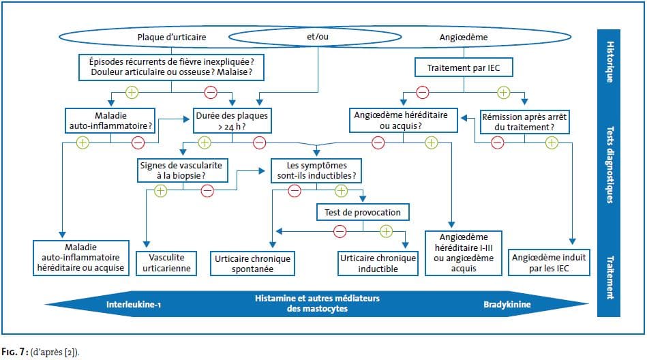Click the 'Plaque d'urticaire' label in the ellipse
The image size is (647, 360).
pyautogui.click(x=172, y=37)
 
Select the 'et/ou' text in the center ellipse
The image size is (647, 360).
pyautogui.click(x=318, y=37)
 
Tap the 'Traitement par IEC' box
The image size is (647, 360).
pyautogui.click(x=464, y=67)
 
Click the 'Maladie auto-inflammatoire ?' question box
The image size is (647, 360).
pyautogui.click(x=110, y=121)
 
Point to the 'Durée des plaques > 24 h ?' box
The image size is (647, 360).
pyautogui.click(x=232, y=121)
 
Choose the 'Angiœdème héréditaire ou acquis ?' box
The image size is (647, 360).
pyautogui.click(x=403, y=120)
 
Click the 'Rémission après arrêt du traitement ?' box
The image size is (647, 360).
pyautogui.click(x=524, y=122)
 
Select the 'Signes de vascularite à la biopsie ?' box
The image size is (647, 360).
pyautogui.click(x=183, y=170)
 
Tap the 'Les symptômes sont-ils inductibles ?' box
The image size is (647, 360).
pyautogui.click(x=316, y=170)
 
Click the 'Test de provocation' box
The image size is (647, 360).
pyautogui.click(x=363, y=212)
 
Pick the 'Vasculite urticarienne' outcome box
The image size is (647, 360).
pyautogui.click(x=166, y=263)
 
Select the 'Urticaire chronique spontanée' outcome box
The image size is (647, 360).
pyautogui.click(x=252, y=263)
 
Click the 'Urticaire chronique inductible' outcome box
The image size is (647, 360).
pyautogui.click(x=378, y=263)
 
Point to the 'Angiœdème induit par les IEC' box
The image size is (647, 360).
pyautogui.click(x=549, y=262)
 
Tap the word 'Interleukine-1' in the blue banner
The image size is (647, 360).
pyautogui.click(x=134, y=305)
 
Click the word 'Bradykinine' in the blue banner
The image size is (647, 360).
pyautogui.click(x=507, y=305)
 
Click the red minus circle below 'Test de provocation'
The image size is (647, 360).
pyautogui.click(x=340, y=231)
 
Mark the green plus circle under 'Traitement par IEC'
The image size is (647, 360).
pyautogui.click(x=503, y=93)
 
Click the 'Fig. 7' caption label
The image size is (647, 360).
pyautogui.click(x=14, y=352)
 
